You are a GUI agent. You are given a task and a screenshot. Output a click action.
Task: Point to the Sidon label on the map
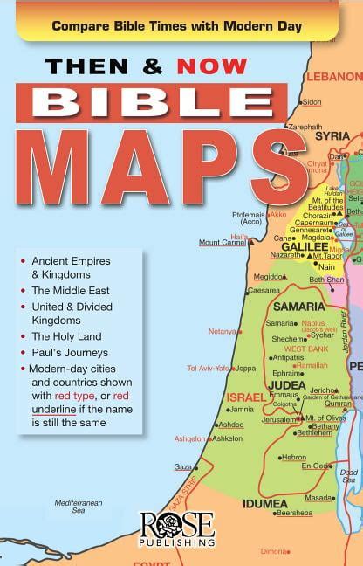312,102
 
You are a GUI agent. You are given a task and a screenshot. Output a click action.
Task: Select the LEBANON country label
333,76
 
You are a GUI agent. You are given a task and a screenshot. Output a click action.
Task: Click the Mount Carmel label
221,243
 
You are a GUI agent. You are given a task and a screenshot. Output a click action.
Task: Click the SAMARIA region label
298,306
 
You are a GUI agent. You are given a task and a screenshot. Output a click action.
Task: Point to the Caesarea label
264,290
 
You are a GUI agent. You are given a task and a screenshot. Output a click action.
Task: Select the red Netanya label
223,331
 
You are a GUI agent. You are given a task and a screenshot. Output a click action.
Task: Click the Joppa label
246,368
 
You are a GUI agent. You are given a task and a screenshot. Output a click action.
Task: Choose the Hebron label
293,457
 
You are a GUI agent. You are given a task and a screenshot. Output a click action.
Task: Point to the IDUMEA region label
266,503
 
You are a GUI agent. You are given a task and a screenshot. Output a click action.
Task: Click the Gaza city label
182,466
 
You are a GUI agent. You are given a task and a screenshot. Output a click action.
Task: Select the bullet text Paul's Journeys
70,352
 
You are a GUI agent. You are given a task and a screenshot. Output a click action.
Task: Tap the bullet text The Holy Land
67,336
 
